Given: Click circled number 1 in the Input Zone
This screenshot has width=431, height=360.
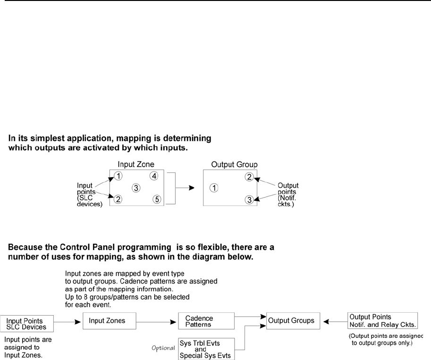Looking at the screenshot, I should tap(119, 177).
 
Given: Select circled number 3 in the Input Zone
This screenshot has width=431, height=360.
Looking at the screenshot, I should tap(136, 188).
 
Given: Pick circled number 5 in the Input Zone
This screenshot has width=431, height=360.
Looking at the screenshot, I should tap(156, 199).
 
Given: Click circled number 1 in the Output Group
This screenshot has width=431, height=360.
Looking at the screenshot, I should tap(214, 188).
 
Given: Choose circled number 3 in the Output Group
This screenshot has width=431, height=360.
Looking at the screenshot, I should tap(249, 199).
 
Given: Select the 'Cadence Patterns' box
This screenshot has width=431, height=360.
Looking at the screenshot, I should tap(206, 321).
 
